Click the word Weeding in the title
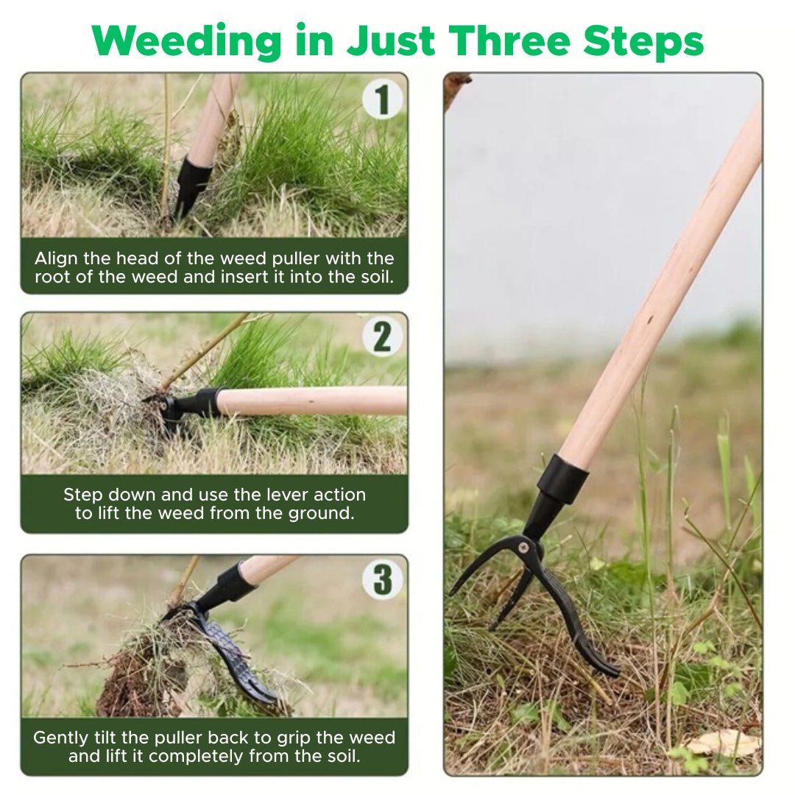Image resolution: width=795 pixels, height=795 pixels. point(186,41)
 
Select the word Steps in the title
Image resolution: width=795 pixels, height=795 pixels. point(643,41)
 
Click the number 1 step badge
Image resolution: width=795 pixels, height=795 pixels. point(383,99)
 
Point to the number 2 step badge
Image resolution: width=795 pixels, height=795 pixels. point(383,336)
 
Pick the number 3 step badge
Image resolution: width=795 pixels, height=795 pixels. point(383,579)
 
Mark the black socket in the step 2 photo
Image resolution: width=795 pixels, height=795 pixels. point(198,404)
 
